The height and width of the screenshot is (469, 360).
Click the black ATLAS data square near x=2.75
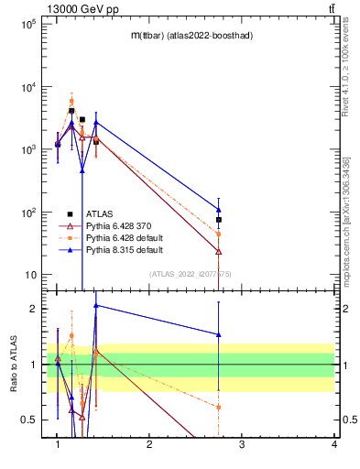coord(219,220)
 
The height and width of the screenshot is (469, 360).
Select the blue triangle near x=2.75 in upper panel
coord(219,209)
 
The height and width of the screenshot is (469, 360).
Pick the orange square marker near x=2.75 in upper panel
coord(219,234)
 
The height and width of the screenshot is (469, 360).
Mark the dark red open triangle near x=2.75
coord(219,251)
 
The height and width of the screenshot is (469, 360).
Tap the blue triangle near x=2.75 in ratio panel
coord(219,334)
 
